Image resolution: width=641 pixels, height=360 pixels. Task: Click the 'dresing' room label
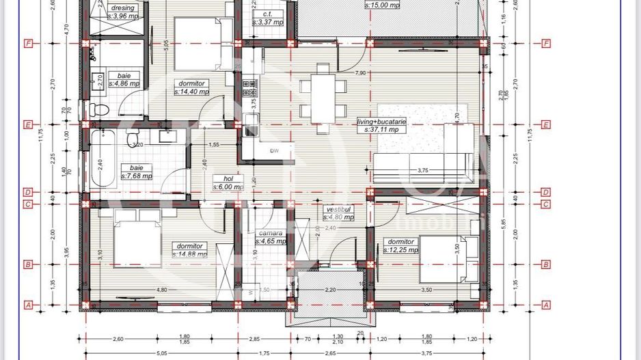tap(122, 8)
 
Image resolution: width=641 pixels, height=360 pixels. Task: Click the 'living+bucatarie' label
tap(381, 121)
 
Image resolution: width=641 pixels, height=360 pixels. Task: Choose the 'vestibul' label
tap(338, 209)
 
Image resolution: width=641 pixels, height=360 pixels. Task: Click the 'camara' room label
tap(271, 233)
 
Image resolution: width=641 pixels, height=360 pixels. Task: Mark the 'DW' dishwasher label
tap(274, 151)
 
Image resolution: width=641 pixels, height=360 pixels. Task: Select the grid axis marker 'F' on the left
tap(28, 44)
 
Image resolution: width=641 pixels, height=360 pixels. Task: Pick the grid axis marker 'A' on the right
tap(546, 305)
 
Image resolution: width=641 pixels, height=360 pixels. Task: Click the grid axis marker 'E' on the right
tap(546, 125)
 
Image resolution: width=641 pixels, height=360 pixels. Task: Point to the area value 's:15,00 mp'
tap(382, 4)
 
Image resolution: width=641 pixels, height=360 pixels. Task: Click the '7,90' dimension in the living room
tap(359, 72)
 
